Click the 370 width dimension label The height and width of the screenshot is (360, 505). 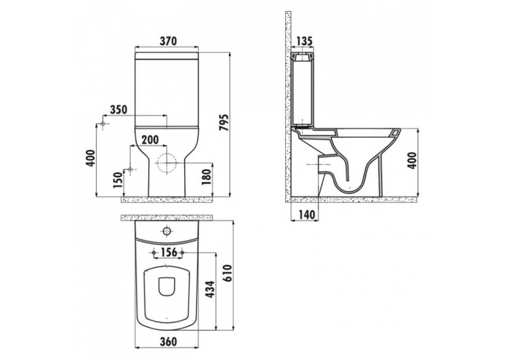(168, 41)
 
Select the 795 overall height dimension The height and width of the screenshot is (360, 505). (224, 122)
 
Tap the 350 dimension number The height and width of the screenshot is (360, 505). (119, 110)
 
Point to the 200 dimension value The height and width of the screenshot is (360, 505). (150, 140)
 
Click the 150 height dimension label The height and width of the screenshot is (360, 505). (118, 180)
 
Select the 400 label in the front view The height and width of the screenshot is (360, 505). (92, 158)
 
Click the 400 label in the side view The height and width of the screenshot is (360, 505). (413, 160)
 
